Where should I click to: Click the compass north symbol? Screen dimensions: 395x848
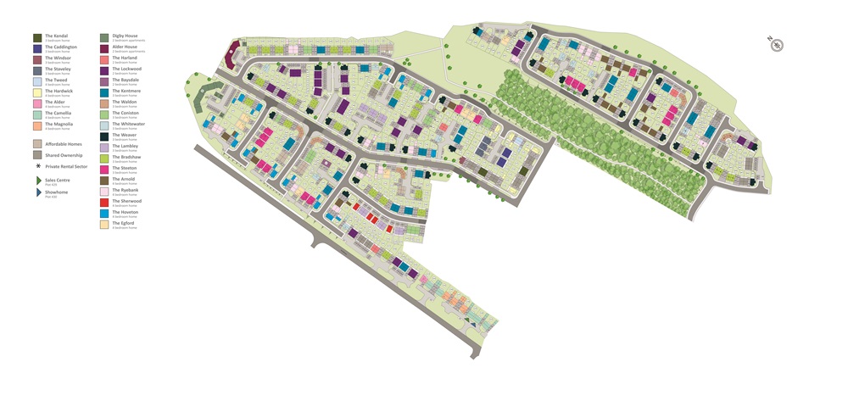[775, 44]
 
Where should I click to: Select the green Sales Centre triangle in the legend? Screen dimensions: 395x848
[37, 181]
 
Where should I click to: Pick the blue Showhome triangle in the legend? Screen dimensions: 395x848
[37, 192]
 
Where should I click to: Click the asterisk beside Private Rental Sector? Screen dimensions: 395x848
[37, 167]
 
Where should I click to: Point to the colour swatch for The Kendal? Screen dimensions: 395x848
[37, 37]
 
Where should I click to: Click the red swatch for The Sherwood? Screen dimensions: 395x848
[104, 203]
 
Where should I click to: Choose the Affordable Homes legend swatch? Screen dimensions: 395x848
[37, 144]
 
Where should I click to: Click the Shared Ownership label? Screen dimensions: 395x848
[64, 155]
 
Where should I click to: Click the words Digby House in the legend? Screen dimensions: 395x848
[125, 36]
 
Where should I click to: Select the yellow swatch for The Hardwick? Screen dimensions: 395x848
[37, 92]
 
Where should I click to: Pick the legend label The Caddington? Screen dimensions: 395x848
[61, 47]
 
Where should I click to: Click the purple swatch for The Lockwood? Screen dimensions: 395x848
[104, 70]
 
